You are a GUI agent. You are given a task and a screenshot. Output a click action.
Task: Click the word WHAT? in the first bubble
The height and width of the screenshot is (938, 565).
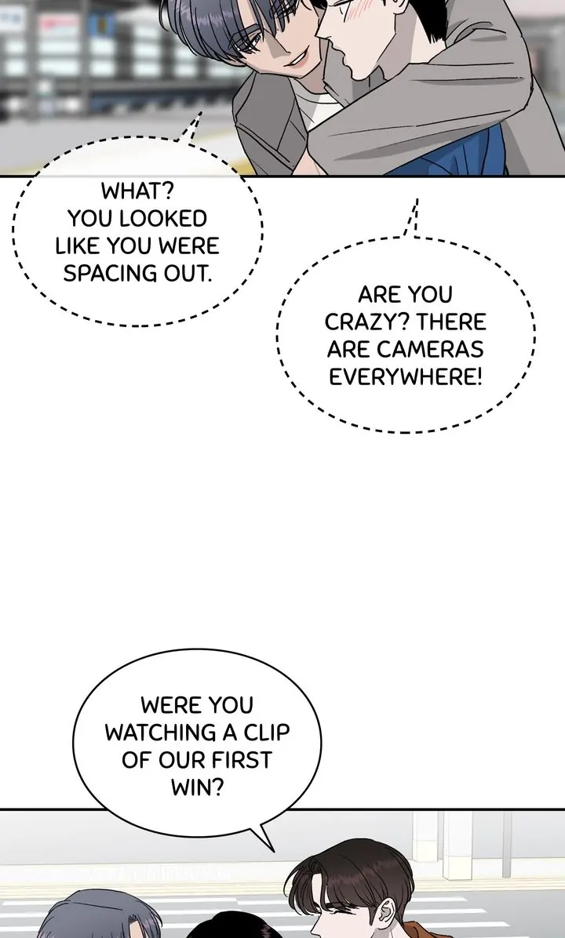[x=137, y=191]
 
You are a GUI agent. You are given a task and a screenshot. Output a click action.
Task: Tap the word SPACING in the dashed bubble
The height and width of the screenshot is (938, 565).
[x=102, y=273]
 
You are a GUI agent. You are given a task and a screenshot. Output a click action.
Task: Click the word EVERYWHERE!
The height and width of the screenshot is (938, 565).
[x=405, y=377]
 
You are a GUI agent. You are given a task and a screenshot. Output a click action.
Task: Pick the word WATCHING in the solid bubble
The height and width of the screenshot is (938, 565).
[x=161, y=733]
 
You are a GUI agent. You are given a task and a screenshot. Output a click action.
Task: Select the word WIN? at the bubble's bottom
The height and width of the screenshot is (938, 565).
[x=197, y=787]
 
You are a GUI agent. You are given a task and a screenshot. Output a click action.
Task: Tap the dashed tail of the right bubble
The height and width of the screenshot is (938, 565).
[x=412, y=218]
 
